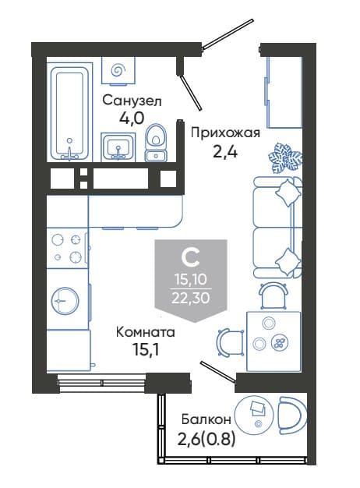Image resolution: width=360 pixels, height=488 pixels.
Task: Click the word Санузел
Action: click(x=132, y=101)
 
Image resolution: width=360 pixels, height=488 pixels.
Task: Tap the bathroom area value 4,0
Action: click(x=132, y=118)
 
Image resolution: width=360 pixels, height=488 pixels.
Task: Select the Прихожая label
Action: click(x=225, y=133)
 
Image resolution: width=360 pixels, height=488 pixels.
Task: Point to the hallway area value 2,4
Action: click(x=225, y=152)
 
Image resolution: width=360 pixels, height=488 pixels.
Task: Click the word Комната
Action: click(x=145, y=332)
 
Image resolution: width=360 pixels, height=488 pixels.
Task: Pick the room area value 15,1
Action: click(x=145, y=350)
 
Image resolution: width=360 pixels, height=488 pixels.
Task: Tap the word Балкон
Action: click(x=206, y=419)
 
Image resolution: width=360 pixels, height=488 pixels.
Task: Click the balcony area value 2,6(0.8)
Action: click(x=206, y=440)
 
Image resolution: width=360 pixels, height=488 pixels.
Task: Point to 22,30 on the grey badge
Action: click(x=190, y=298)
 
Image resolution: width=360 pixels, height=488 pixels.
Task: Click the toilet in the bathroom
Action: click(x=156, y=143)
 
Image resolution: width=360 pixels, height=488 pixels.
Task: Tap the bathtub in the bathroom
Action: click(x=70, y=112)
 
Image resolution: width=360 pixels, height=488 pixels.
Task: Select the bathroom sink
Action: click(x=118, y=147)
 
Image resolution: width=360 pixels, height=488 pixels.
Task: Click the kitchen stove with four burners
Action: click(x=67, y=248)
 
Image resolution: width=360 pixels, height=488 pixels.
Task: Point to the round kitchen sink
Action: click(x=65, y=301)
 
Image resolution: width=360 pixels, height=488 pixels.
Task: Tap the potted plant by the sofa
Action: click(x=285, y=157)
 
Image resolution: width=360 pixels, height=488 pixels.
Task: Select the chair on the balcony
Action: click(x=292, y=413)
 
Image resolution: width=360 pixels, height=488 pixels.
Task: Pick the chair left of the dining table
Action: click(x=231, y=342)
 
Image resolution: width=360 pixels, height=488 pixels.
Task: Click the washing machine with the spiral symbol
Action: click(x=118, y=71)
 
